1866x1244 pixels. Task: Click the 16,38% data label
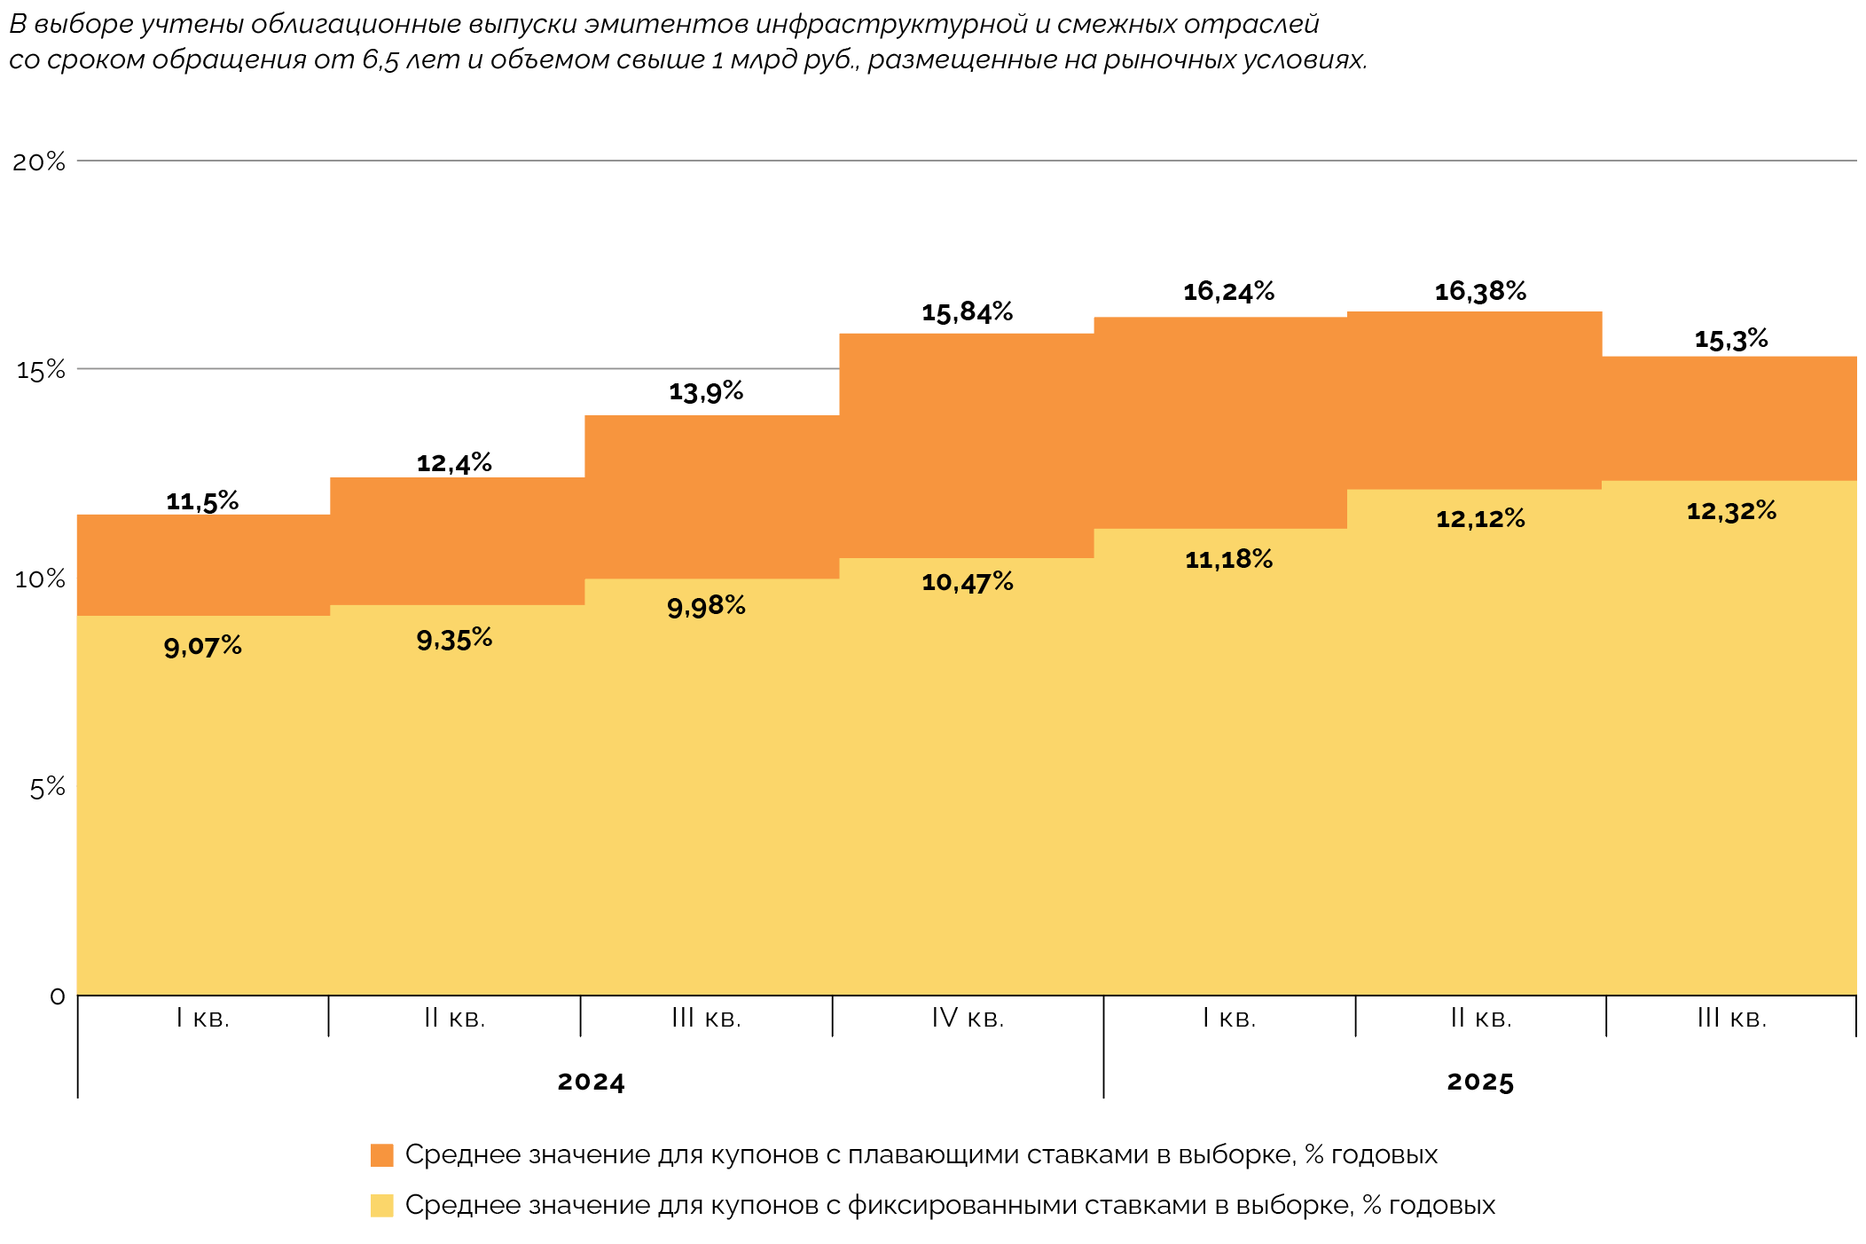tap(1480, 291)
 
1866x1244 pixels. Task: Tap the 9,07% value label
tap(202, 646)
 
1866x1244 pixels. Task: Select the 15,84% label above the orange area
tap(967, 312)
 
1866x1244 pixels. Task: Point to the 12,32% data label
tap(1731, 511)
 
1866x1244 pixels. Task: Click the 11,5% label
tap(202, 501)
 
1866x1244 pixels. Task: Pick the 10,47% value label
tap(967, 582)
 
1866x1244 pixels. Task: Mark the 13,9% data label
tap(706, 391)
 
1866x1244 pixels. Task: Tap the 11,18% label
tap(1228, 559)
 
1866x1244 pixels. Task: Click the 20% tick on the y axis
tap(39, 161)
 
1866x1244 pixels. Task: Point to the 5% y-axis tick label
tap(47, 787)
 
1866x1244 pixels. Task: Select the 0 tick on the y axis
tap(58, 996)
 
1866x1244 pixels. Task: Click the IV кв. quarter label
tap(968, 1018)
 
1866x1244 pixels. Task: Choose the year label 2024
tap(591, 1082)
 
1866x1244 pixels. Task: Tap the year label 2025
tap(1480, 1082)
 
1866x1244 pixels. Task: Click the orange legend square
tap(381, 1155)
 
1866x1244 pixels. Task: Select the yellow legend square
tap(381, 1206)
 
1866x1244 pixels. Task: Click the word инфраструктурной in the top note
tap(903, 24)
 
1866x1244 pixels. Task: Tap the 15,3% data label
tap(1731, 339)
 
